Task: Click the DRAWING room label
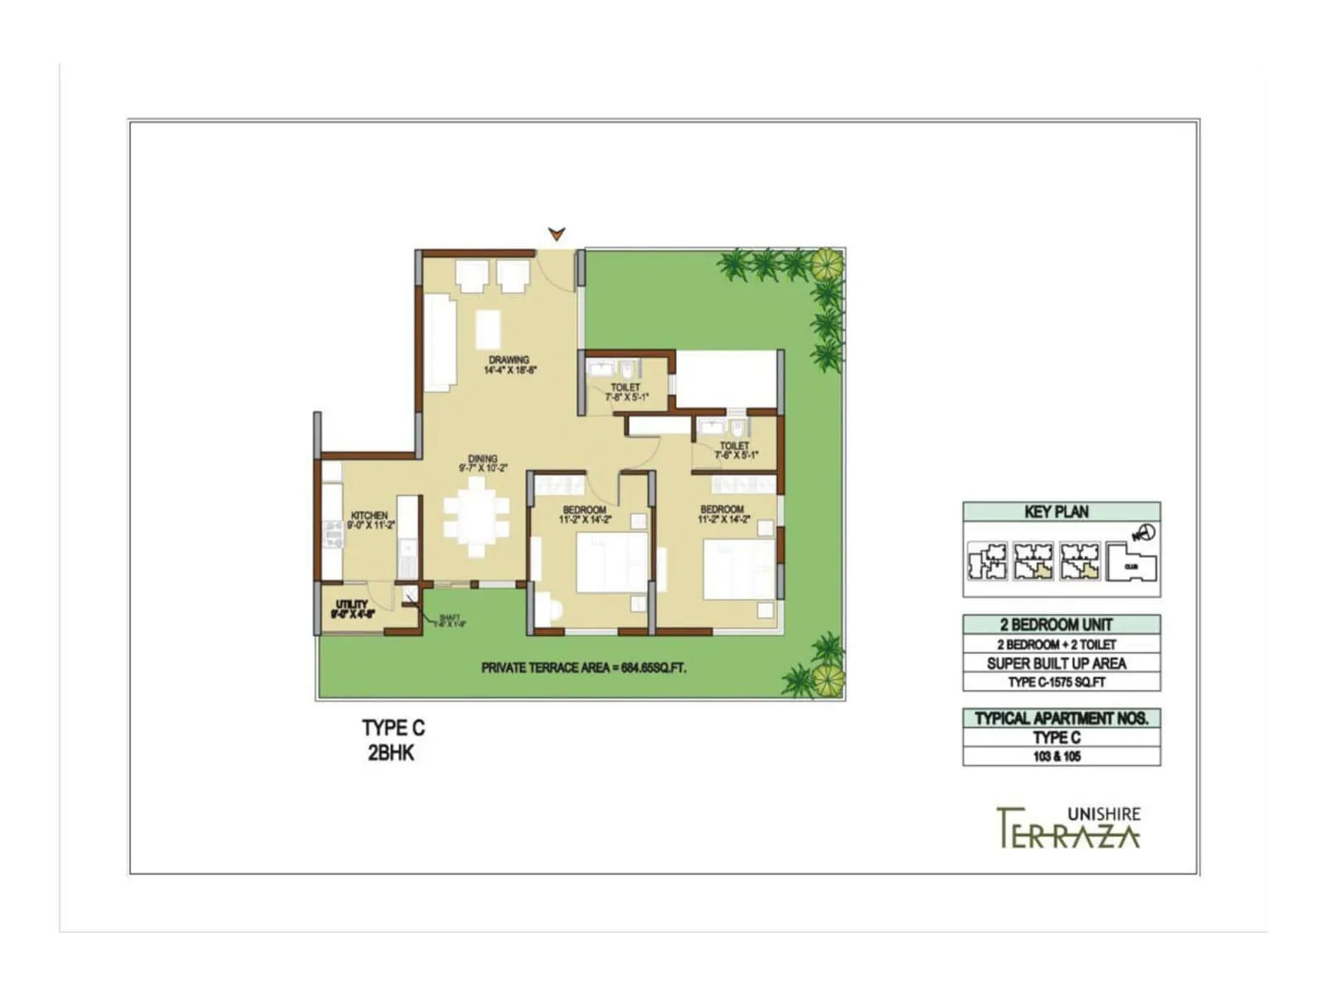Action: tap(509, 361)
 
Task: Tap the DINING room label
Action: tap(483, 459)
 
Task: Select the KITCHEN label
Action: tap(369, 516)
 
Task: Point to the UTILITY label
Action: tap(352, 604)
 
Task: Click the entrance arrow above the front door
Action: tap(557, 234)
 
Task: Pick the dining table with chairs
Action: tap(476, 525)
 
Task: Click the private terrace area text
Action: tap(584, 667)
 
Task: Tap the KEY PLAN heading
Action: tap(1057, 512)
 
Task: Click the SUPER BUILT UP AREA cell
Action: tap(1057, 663)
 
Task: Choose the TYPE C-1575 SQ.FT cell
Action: tap(1057, 682)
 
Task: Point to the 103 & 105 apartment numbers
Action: tap(1057, 756)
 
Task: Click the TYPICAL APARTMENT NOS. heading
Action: tap(1061, 718)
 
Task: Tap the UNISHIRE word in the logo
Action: tap(1103, 814)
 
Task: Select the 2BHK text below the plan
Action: tap(391, 754)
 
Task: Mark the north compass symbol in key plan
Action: tap(1145, 533)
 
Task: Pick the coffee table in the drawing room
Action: tap(488, 329)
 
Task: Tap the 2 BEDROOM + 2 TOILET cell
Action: tap(1057, 644)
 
